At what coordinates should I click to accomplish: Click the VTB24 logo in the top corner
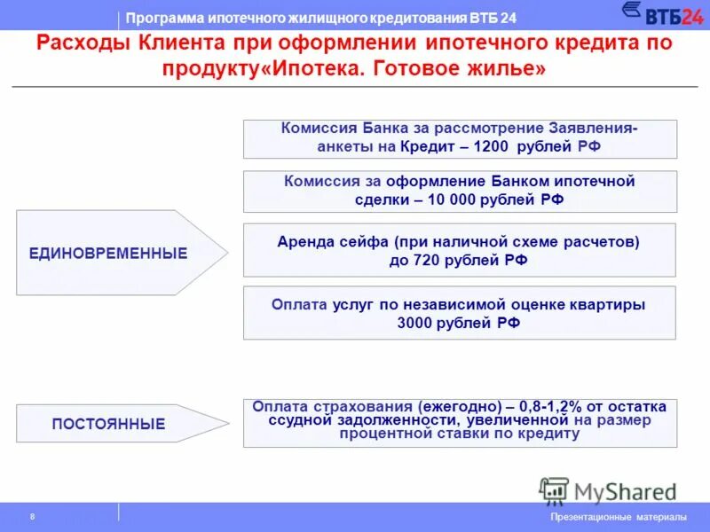click(x=660, y=14)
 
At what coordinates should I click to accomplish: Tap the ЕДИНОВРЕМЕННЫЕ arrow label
click(x=108, y=254)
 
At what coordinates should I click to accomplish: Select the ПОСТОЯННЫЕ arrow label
click(x=108, y=424)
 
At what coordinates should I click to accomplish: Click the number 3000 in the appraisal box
click(x=420, y=323)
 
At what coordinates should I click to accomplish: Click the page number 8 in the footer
click(x=32, y=517)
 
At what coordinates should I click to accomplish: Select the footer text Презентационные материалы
click(x=619, y=517)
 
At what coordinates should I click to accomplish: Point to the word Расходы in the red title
click(x=83, y=44)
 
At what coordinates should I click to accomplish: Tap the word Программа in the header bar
click(x=157, y=19)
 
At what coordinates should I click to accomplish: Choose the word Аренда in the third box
click(x=304, y=241)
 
